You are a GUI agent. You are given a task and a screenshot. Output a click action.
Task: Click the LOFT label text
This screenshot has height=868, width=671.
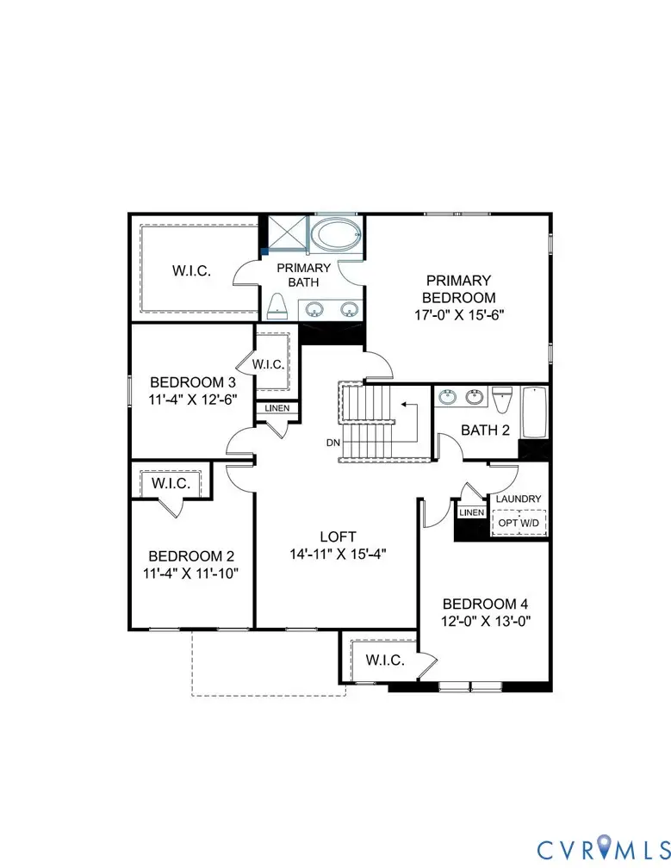pyautogui.click(x=337, y=535)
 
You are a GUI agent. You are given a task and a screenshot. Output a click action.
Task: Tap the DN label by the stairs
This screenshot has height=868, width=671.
pyautogui.click(x=332, y=443)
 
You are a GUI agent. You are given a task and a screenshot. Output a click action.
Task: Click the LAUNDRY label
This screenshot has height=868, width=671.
pyautogui.click(x=518, y=499)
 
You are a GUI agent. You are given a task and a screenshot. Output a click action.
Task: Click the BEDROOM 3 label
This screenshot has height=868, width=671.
pyautogui.click(x=192, y=381)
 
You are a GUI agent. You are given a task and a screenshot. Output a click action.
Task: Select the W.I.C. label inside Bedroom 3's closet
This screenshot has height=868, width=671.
pyautogui.click(x=268, y=364)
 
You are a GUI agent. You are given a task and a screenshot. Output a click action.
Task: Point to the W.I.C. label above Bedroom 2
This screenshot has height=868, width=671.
pyautogui.click(x=171, y=483)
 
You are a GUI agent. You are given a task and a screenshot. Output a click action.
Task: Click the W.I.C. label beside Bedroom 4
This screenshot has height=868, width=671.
pyautogui.click(x=385, y=660)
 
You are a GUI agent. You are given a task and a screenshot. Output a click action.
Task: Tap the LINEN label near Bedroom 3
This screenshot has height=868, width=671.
pyautogui.click(x=276, y=408)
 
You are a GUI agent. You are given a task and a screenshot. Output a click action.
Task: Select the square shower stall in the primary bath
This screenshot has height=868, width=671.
pyautogui.click(x=285, y=233)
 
